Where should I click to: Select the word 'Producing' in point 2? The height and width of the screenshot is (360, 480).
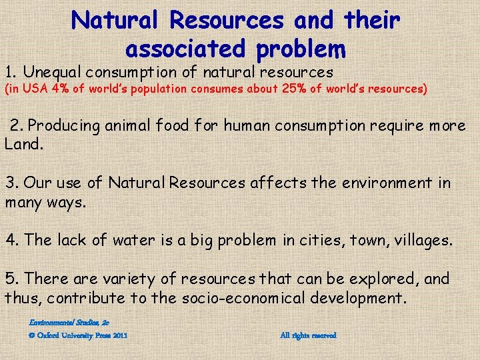(65, 125)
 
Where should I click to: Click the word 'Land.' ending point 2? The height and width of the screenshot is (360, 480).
(23, 143)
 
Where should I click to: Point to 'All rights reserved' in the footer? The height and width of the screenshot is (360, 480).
(309, 335)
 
